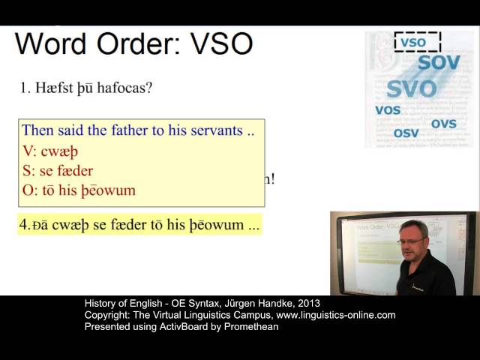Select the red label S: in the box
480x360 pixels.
click(x=28, y=170)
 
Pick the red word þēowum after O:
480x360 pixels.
click(x=109, y=190)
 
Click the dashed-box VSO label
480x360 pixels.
click(x=413, y=43)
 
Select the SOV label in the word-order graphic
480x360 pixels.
click(x=439, y=62)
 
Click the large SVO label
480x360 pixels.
click(x=411, y=89)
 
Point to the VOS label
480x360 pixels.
click(x=387, y=110)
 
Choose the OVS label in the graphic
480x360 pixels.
click(x=443, y=123)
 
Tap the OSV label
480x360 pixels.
click(x=406, y=133)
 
